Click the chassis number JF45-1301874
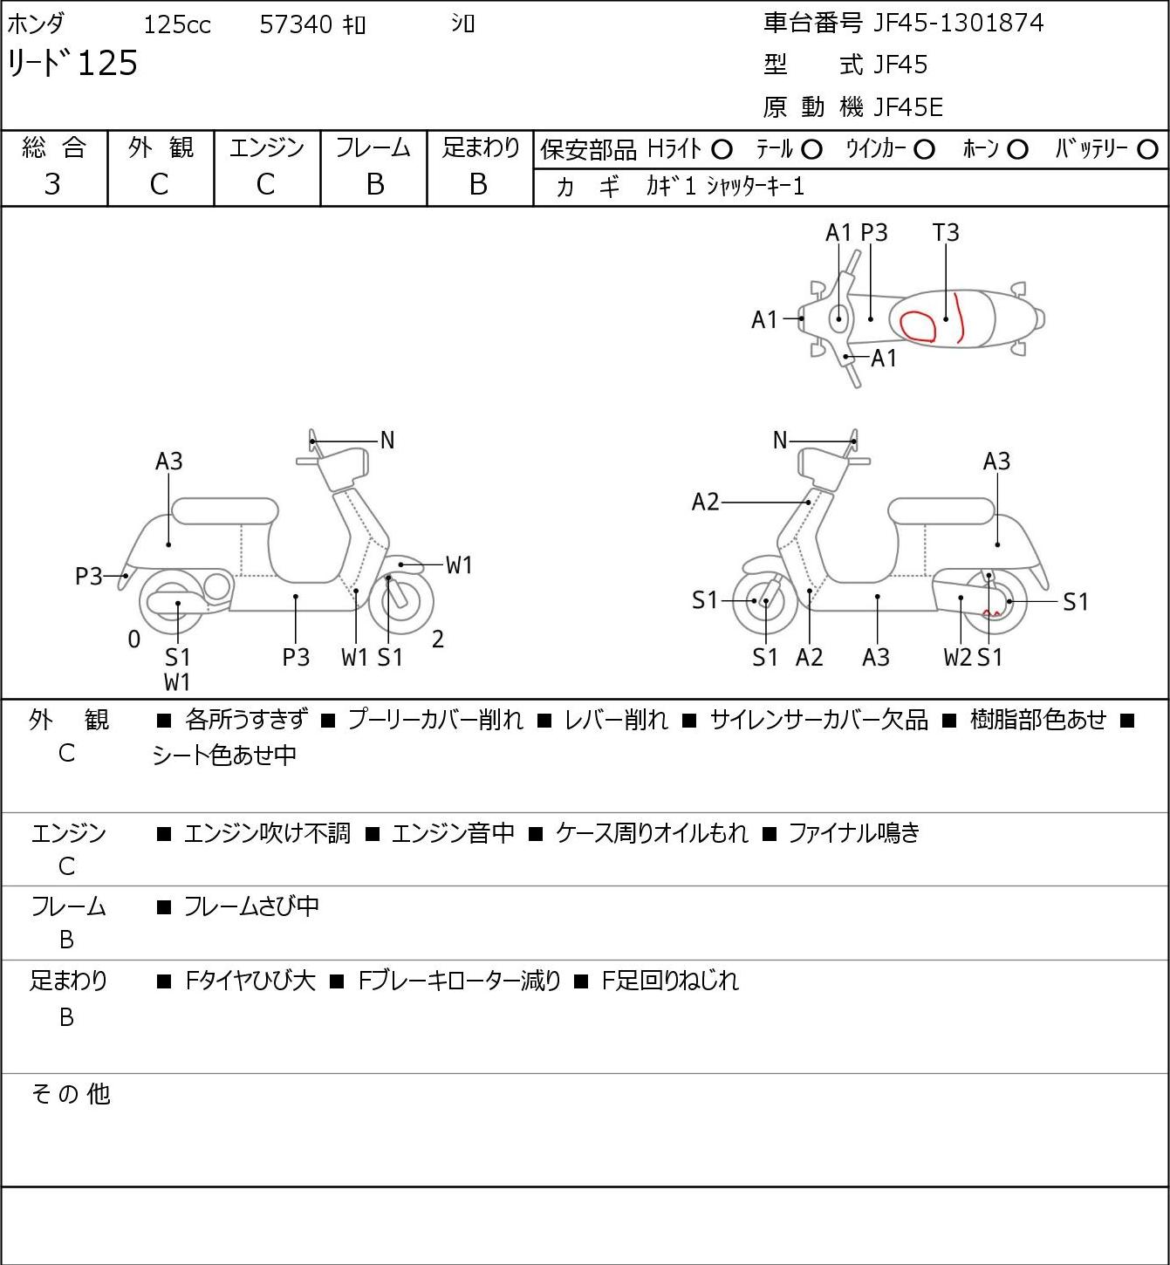(958, 23)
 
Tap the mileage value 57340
(296, 24)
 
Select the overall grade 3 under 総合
(52, 185)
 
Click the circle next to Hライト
(722, 150)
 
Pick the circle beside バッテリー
(1147, 150)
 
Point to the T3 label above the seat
(946, 232)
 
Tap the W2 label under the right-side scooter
(957, 657)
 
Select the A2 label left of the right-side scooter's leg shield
(706, 503)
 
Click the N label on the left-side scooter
(387, 441)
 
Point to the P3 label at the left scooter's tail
(89, 577)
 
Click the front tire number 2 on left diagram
(437, 639)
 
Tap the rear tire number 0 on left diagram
(133, 639)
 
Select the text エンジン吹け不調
(267, 832)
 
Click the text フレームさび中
(251, 906)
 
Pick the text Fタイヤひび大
(250, 981)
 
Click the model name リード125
(72, 63)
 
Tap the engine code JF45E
(908, 107)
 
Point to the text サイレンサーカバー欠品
(819, 720)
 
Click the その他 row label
(71, 1094)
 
